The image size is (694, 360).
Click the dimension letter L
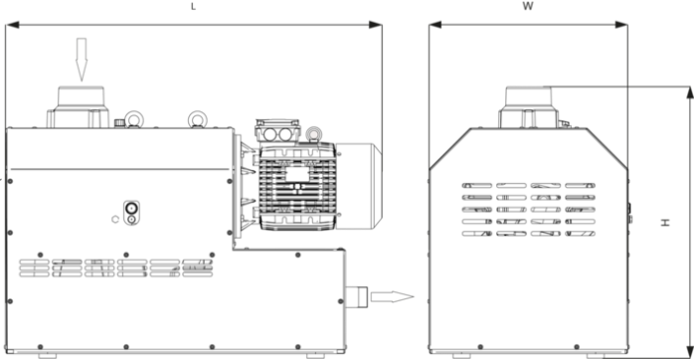tap(193, 7)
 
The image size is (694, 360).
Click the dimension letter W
tap(528, 6)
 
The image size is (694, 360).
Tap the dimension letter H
tap(665, 223)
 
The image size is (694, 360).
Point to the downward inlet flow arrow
tap(81, 60)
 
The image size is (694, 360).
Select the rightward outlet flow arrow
tap(392, 296)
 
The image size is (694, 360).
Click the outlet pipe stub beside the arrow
tap(356, 296)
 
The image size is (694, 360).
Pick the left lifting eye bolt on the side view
tap(133, 119)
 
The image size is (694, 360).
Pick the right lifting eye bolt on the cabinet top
tap(198, 119)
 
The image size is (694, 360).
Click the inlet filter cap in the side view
tap(79, 107)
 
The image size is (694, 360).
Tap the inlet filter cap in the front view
tap(529, 107)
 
